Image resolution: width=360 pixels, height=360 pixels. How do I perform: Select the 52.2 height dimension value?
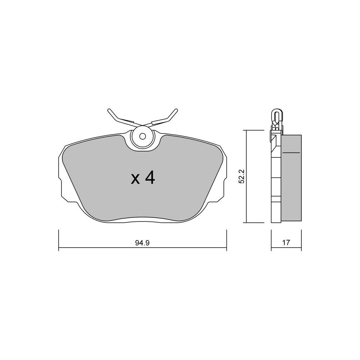242,176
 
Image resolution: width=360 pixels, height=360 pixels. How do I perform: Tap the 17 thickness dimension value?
286,242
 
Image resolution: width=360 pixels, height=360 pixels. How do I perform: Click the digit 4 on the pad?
150,179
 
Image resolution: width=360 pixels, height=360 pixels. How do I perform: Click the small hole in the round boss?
143,136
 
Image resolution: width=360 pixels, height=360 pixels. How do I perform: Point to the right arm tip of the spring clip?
176,110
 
